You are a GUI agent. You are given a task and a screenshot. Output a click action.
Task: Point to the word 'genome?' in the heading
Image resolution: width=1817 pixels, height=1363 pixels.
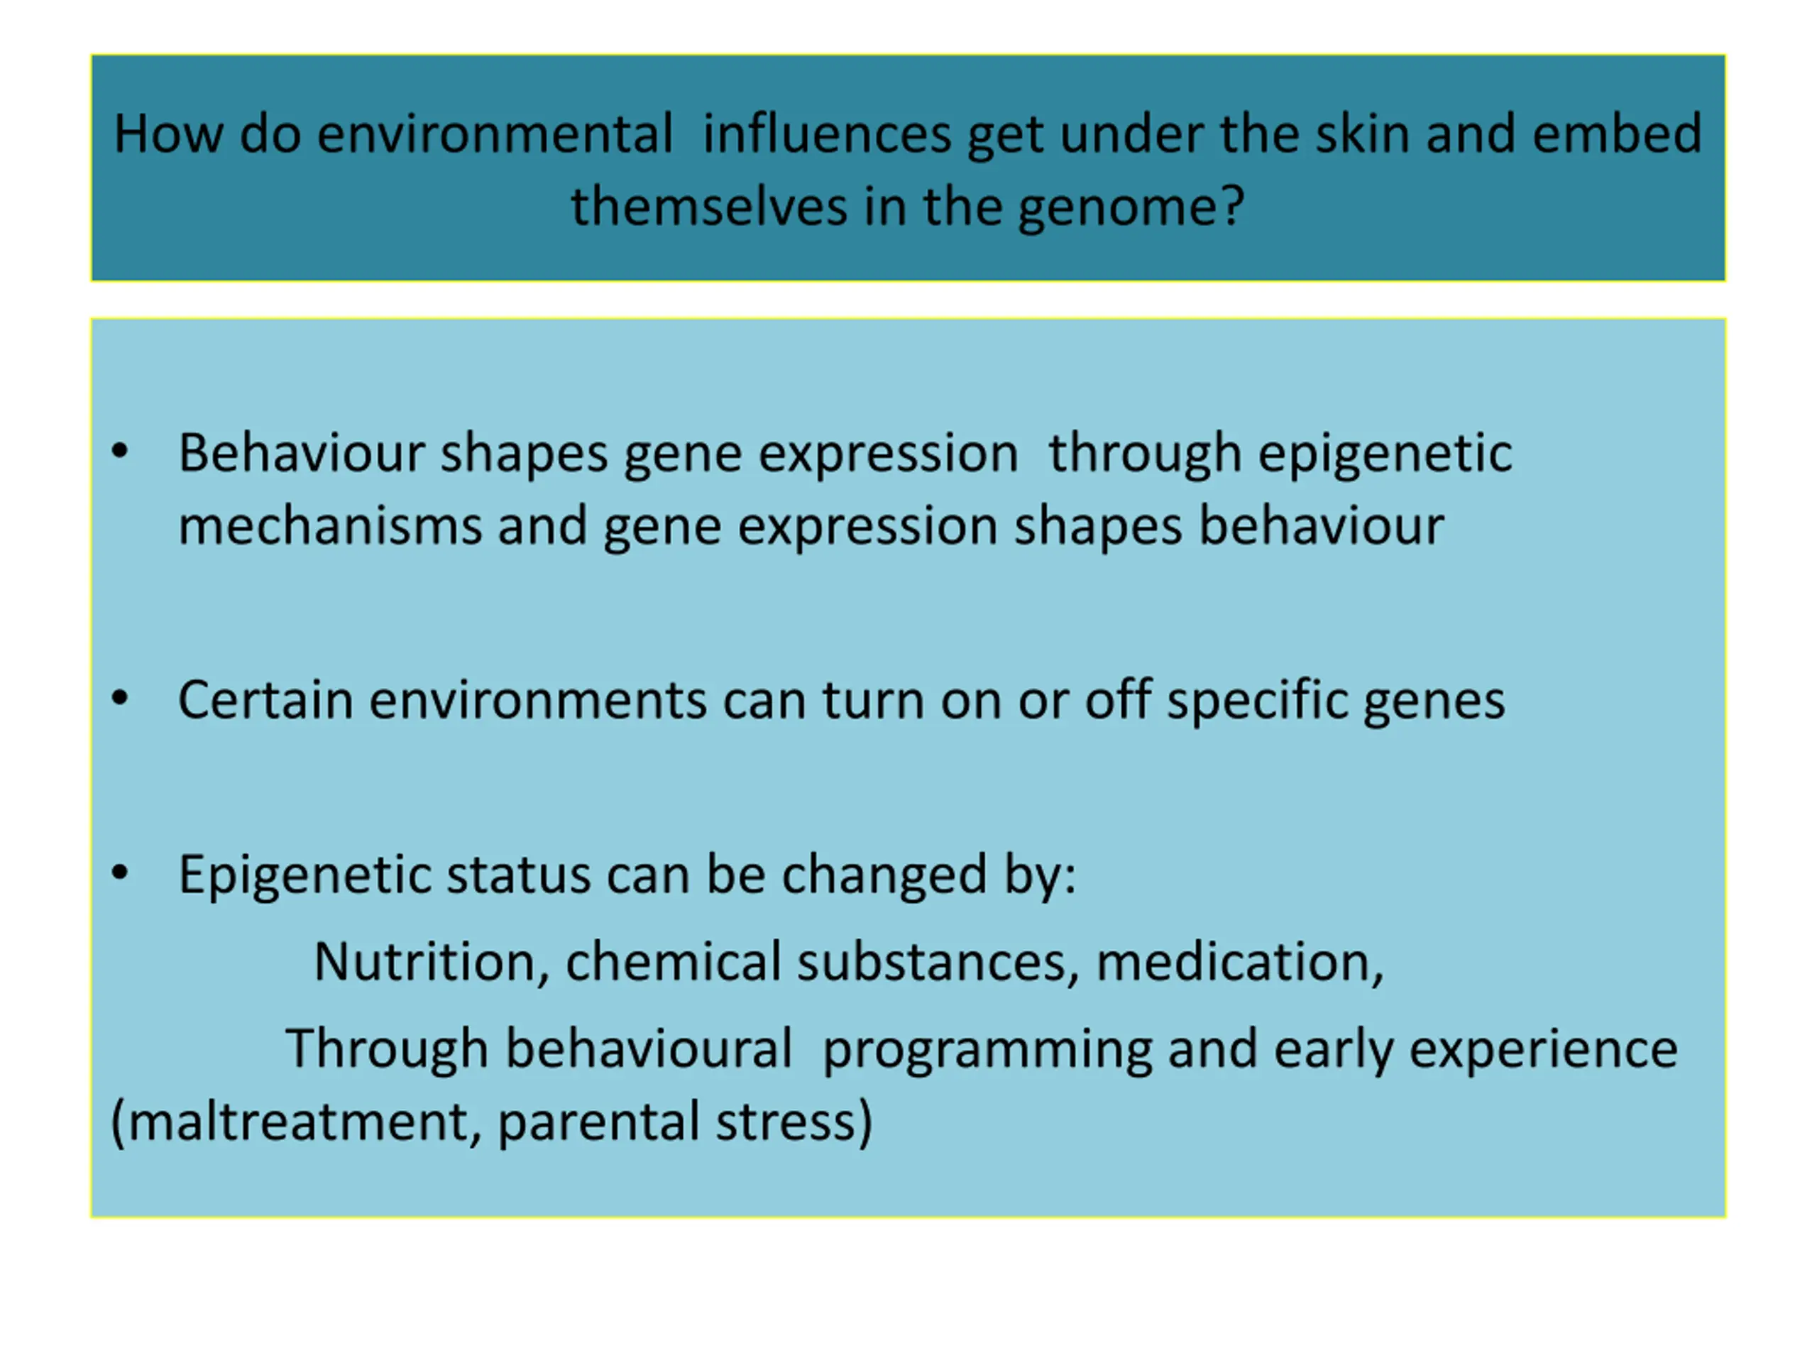[x=1132, y=208]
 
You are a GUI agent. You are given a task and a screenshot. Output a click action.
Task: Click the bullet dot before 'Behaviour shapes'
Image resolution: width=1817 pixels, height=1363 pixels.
[x=120, y=451]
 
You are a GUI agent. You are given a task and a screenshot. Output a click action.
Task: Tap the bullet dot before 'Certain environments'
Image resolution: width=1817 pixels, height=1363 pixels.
[x=120, y=699]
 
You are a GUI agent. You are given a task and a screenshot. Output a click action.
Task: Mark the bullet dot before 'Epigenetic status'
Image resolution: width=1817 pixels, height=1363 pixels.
[x=120, y=872]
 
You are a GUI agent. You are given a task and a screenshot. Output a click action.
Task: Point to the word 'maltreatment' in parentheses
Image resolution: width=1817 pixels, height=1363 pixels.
[x=299, y=1122]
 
